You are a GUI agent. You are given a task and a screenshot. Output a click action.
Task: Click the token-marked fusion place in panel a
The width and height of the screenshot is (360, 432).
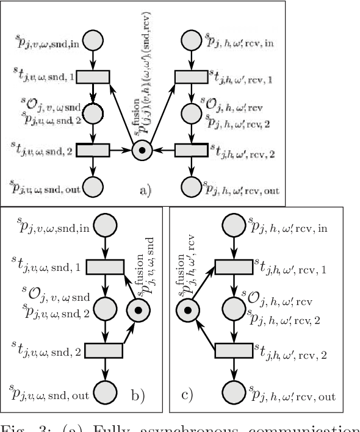point(142,149)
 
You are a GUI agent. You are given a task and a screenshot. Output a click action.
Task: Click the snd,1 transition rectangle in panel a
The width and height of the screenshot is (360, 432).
point(92,77)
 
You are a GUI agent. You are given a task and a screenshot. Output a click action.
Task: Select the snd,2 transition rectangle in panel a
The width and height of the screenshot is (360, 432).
point(92,149)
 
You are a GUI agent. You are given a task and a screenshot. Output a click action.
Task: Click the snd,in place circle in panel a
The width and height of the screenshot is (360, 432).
point(92,41)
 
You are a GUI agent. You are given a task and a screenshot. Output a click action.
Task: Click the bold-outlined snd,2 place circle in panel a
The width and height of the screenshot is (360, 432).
point(92,113)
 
